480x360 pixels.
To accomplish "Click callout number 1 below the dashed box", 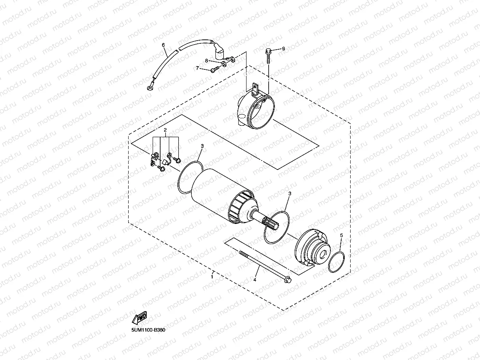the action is pyautogui.click(x=212, y=277).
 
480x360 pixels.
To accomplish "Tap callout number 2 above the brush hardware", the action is pyautogui.click(x=166, y=130).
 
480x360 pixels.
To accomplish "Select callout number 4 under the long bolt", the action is pyautogui.click(x=255, y=280).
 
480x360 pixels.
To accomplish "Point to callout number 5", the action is pyautogui.click(x=342, y=235).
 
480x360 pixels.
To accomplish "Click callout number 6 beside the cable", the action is pyautogui.click(x=163, y=45).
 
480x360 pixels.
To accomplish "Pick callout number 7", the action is pyautogui.click(x=198, y=68).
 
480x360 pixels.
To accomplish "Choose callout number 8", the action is pyautogui.click(x=206, y=60).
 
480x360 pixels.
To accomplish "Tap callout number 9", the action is pyautogui.click(x=283, y=48).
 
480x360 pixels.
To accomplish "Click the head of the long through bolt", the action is pyautogui.click(x=289, y=280).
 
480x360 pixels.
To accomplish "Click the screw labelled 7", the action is pyautogui.click(x=214, y=71).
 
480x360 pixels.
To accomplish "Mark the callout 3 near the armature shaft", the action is pyautogui.click(x=290, y=194).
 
